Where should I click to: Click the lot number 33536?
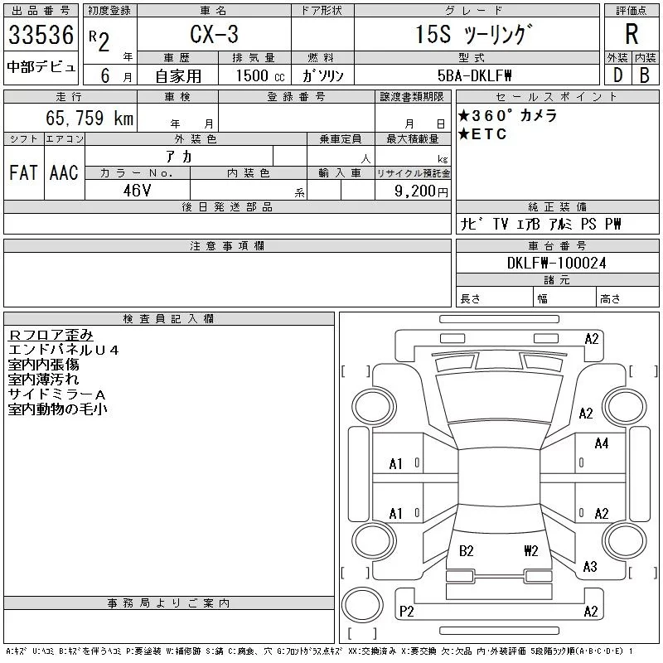click(x=41, y=36)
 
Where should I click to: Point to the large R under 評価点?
click(x=632, y=36)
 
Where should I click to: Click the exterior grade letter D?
click(x=617, y=75)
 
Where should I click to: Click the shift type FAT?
click(x=23, y=172)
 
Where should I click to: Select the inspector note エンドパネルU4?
click(x=63, y=350)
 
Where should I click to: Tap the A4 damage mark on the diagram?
click(x=602, y=443)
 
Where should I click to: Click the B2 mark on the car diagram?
click(x=466, y=550)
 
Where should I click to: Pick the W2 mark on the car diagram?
click(x=531, y=550)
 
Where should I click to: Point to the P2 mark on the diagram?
click(x=406, y=612)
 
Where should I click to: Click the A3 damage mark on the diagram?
click(x=590, y=567)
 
